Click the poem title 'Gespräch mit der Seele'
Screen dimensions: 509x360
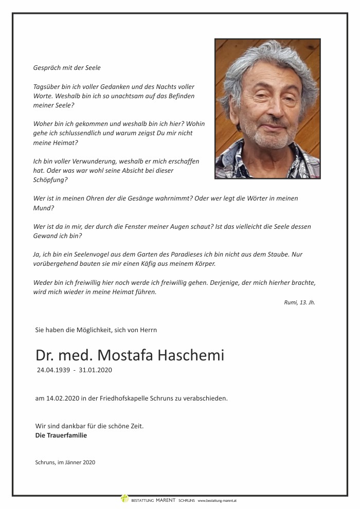67,68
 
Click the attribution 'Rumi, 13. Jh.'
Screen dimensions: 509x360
299,302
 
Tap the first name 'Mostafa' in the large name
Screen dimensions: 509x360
124,355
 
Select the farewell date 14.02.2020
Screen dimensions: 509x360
59,398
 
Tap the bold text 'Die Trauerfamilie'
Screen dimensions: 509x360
61,435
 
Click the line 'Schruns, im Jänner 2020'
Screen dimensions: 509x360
65,462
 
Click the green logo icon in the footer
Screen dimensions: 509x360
124,498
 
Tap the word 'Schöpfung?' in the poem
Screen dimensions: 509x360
50,180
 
